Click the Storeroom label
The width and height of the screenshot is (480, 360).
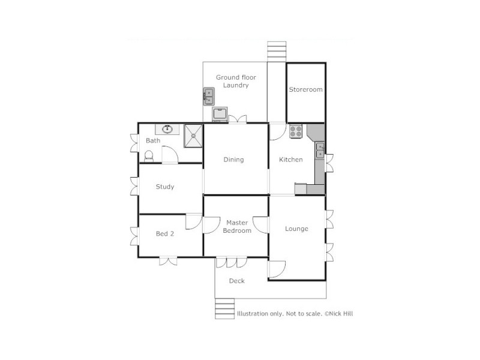pos(306,89)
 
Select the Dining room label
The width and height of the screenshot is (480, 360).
pos(233,160)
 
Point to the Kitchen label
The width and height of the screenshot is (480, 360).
pos(291,160)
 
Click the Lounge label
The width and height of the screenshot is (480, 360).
pos(296,229)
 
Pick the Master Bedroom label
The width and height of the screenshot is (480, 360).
pos(236,227)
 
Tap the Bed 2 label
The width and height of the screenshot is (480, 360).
pos(165,234)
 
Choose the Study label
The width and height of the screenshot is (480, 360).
pos(165,187)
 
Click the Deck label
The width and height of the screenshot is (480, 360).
pos(237,281)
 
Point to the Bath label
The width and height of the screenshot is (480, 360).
pos(153,141)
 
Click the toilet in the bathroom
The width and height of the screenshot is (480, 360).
pos(149,155)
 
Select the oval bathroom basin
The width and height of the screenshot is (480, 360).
pos(167,129)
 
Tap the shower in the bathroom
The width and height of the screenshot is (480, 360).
pos(193,135)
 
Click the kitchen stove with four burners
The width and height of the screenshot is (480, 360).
pos(295,131)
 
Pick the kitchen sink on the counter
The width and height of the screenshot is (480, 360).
pos(320,150)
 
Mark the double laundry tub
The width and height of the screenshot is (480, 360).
pos(209,96)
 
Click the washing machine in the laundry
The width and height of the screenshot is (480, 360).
pos(220,113)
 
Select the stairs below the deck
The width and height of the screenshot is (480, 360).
pos(224,309)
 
